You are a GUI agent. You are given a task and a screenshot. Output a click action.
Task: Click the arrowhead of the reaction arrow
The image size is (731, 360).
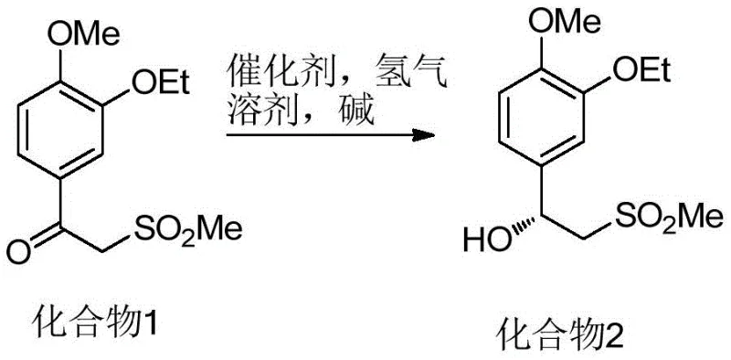coord(421,135)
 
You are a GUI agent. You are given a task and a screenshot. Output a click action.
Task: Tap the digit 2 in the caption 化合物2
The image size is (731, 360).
coord(613,338)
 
